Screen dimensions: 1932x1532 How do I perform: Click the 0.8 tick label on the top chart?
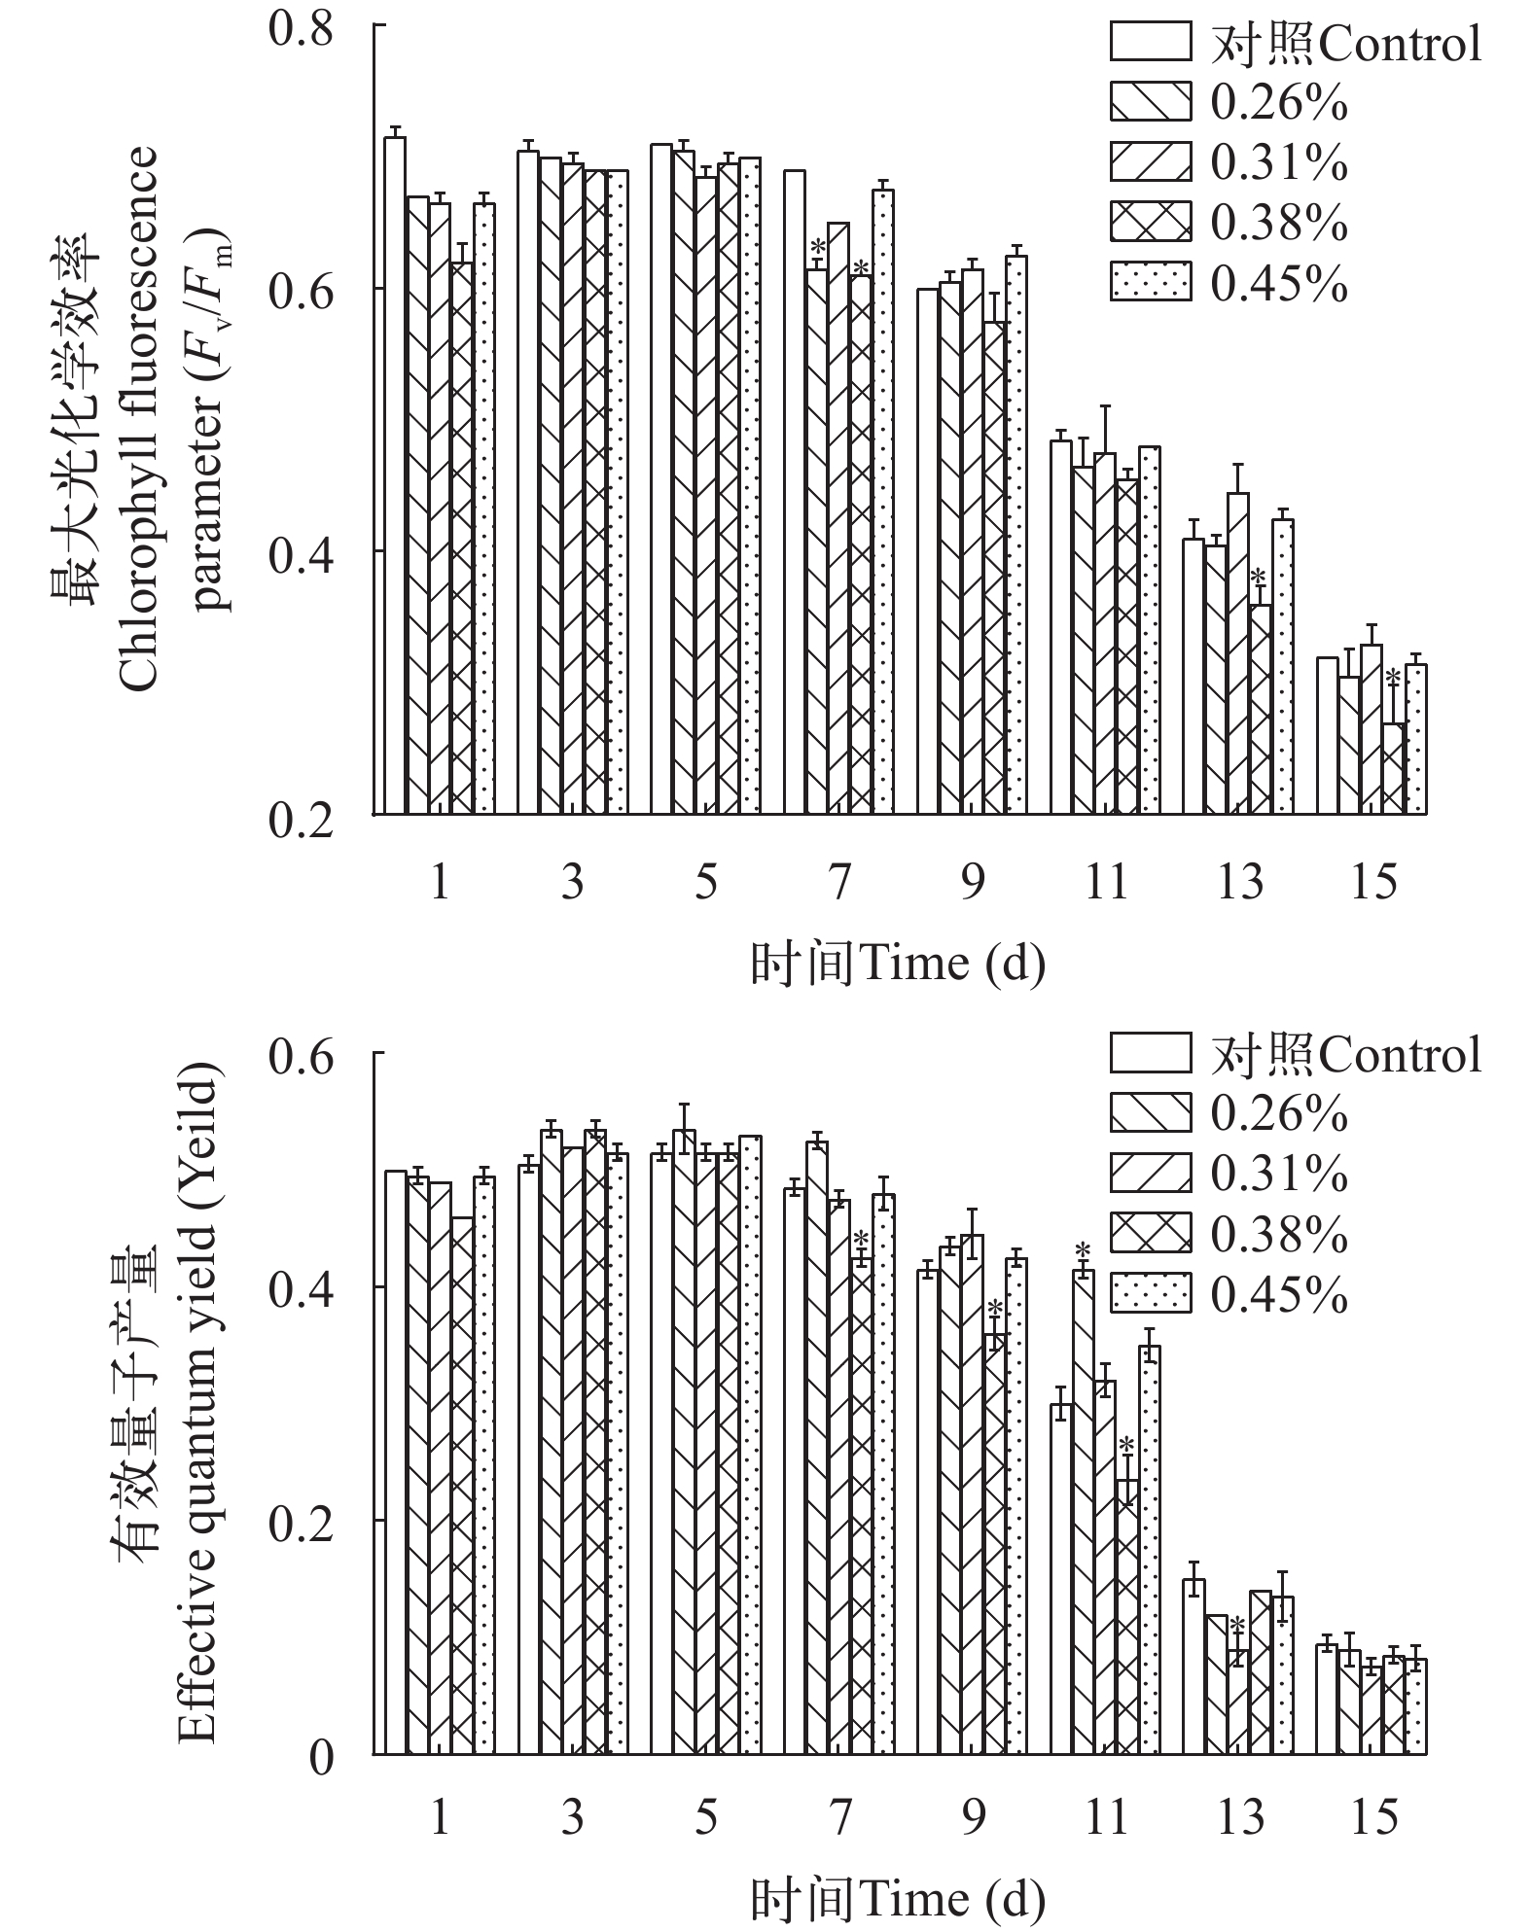[301, 27]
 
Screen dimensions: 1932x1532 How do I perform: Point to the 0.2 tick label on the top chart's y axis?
[301, 820]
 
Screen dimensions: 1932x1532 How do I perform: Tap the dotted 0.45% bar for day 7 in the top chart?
[883, 501]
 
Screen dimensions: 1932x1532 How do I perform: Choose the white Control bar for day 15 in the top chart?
[1327, 735]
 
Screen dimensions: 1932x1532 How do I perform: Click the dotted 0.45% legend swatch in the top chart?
[1150, 282]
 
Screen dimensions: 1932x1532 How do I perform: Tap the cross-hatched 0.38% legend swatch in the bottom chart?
[1150, 1235]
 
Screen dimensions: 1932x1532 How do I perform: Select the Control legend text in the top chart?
[1346, 44]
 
